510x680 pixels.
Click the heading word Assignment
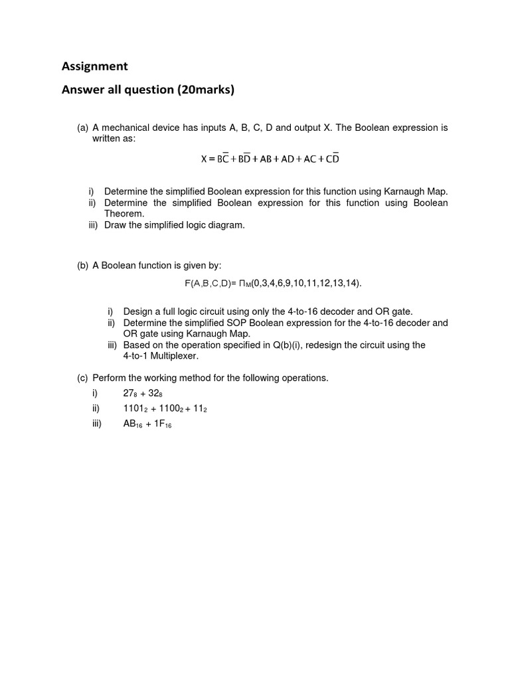(x=94, y=66)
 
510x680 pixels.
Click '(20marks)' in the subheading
(x=205, y=90)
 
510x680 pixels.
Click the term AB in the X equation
(x=266, y=159)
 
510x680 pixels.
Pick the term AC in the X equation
(x=310, y=159)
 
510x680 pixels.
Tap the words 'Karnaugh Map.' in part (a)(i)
(x=417, y=191)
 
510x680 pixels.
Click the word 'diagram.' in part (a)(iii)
(x=226, y=225)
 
